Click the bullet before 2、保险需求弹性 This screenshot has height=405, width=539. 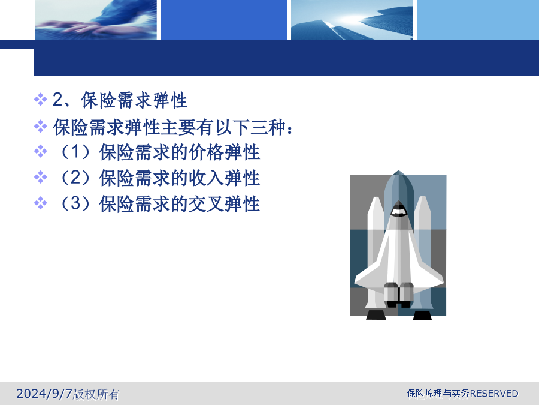coord(40,100)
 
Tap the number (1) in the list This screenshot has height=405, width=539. coord(75,152)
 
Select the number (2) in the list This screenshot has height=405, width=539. coord(75,178)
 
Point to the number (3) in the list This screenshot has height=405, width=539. coord(75,203)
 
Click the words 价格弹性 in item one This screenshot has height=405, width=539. coord(224,152)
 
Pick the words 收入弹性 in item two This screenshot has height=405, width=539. coord(224,178)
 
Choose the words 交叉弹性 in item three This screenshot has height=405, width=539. coord(224,204)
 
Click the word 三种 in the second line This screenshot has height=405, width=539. coord(268,127)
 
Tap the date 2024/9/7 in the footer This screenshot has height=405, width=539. coord(44,393)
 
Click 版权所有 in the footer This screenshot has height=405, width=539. coord(96,394)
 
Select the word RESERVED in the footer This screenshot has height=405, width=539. coord(494,393)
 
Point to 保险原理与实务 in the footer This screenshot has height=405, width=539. coord(438,393)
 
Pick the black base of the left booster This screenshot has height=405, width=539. coord(376,315)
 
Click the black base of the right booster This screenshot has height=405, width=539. coord(422,315)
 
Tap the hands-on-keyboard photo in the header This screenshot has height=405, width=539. coord(96,20)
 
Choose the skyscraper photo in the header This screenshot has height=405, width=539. coord(352,20)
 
